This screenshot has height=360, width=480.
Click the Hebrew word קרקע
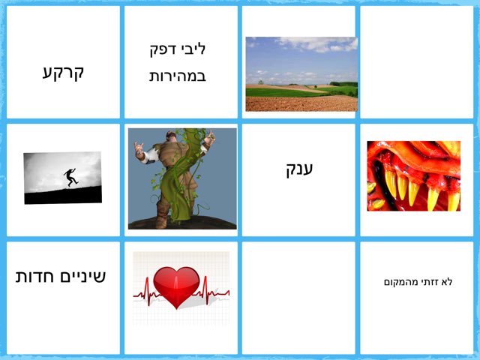[63, 72]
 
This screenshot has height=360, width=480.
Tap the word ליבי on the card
[193, 49]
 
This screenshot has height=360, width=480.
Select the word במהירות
[178, 76]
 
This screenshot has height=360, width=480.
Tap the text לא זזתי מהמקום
[417, 282]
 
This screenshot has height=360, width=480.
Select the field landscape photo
[301, 73]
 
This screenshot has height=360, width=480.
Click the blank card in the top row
[417, 62]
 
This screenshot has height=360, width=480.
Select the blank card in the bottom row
[298, 298]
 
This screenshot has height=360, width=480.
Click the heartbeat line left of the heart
[142, 295]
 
